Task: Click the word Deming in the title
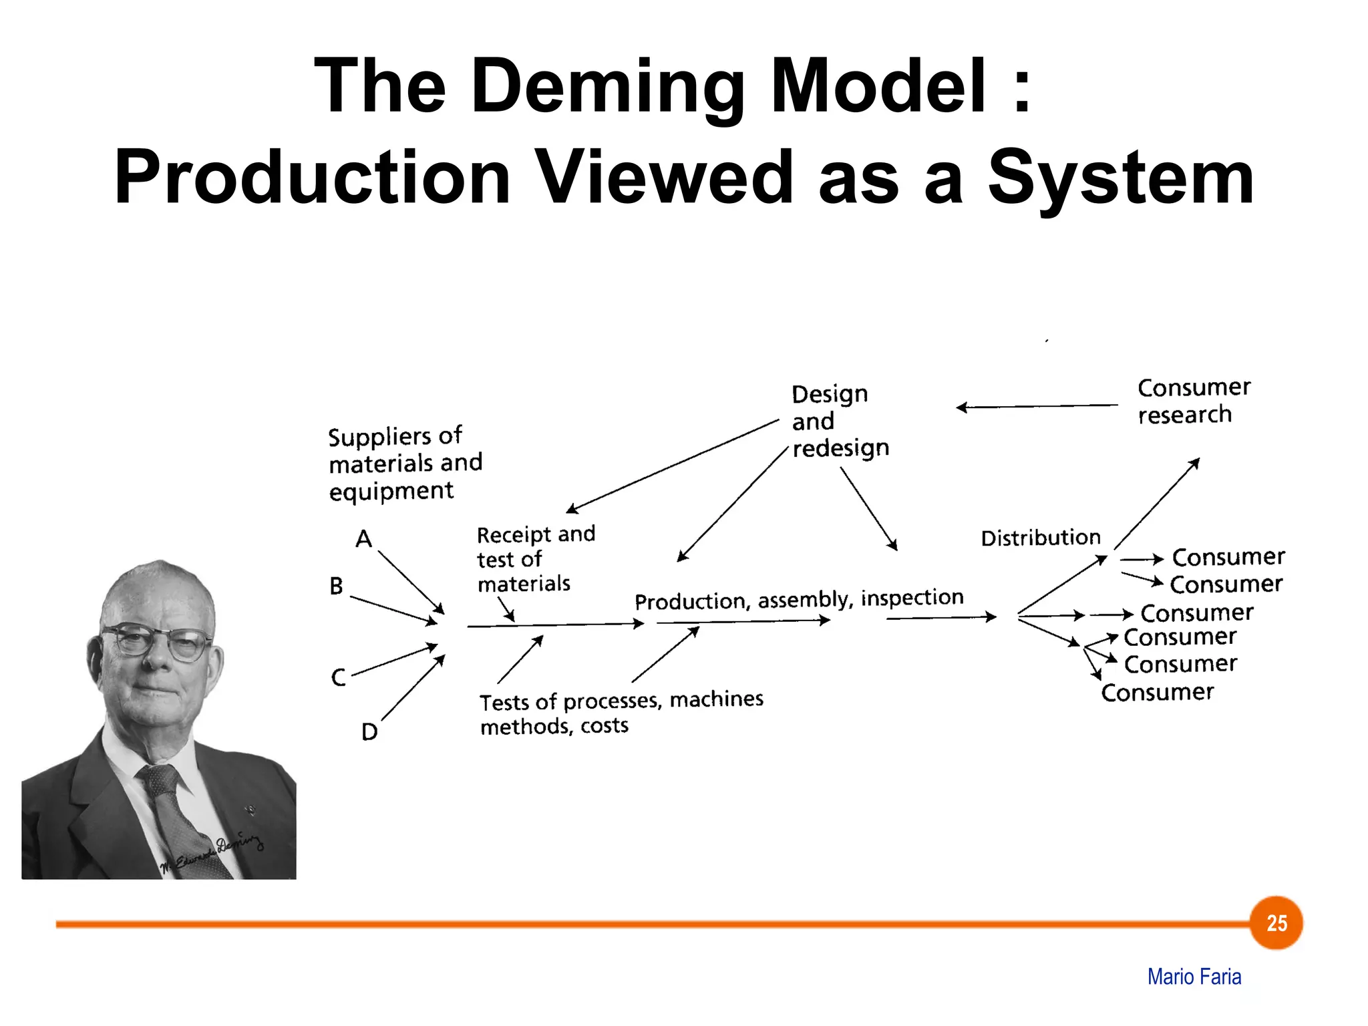[x=607, y=88]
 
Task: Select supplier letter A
[x=363, y=538]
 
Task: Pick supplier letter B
[x=337, y=586]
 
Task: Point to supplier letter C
[x=339, y=677]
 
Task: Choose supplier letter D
[x=369, y=732]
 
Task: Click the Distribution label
[x=1040, y=538]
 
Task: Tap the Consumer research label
[x=1193, y=401]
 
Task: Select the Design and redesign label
[x=839, y=421]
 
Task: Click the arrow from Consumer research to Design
[x=1037, y=406]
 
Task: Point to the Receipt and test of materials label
[x=535, y=559]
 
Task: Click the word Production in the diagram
[x=692, y=601]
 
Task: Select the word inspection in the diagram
[x=912, y=597]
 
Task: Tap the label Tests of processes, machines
[x=621, y=701]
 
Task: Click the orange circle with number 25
[x=1276, y=922]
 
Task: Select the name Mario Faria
[x=1194, y=977]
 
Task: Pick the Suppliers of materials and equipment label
[x=404, y=464]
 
